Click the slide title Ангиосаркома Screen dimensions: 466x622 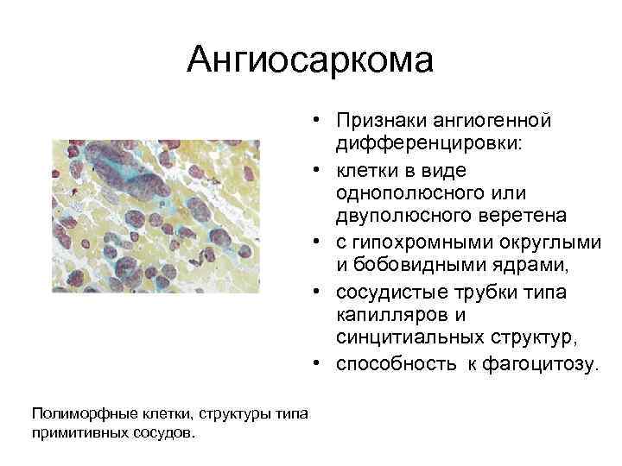point(310,60)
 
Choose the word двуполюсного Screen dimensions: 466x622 point(394,211)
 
